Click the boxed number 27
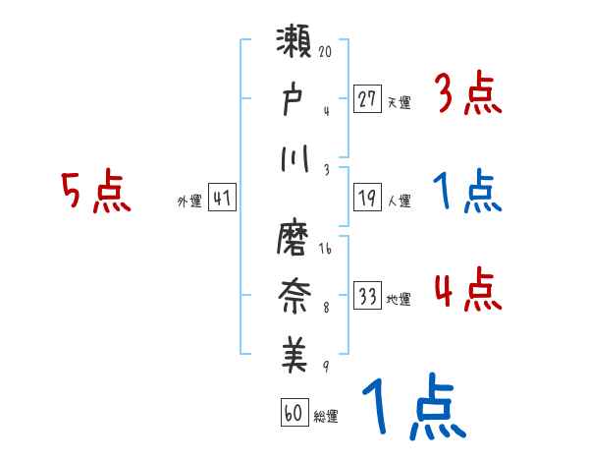[367, 99]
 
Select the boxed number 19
[367, 199]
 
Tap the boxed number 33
[367, 297]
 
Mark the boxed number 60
[294, 413]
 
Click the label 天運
[399, 102]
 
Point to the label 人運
[399, 202]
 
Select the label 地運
[399, 300]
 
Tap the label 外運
[189, 202]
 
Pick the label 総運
[326, 416]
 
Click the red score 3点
[467, 94]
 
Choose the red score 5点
[96, 192]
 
